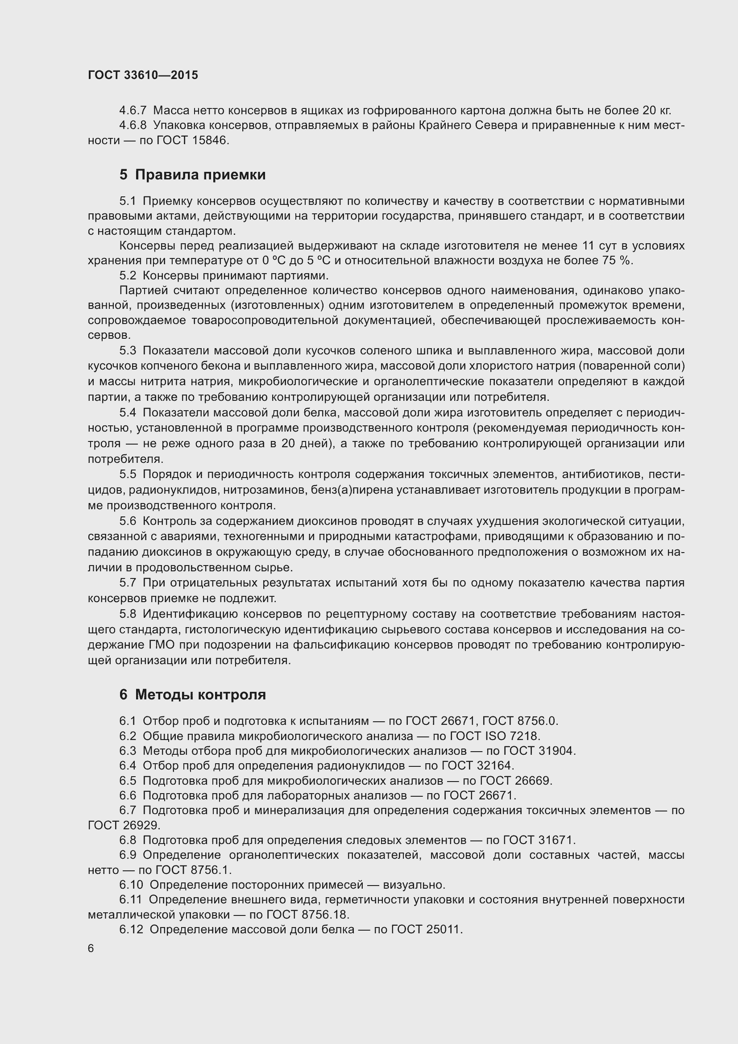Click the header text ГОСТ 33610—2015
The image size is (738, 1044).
[143, 75]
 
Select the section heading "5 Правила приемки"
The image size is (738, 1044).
[192, 175]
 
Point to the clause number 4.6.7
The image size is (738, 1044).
[133, 111]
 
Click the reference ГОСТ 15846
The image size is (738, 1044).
[191, 141]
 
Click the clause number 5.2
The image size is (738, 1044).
[128, 275]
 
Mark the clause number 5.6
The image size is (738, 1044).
[128, 521]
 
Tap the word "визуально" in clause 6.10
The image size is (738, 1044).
[413, 885]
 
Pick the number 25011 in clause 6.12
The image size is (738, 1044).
[443, 929]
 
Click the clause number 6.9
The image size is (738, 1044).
[128, 855]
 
